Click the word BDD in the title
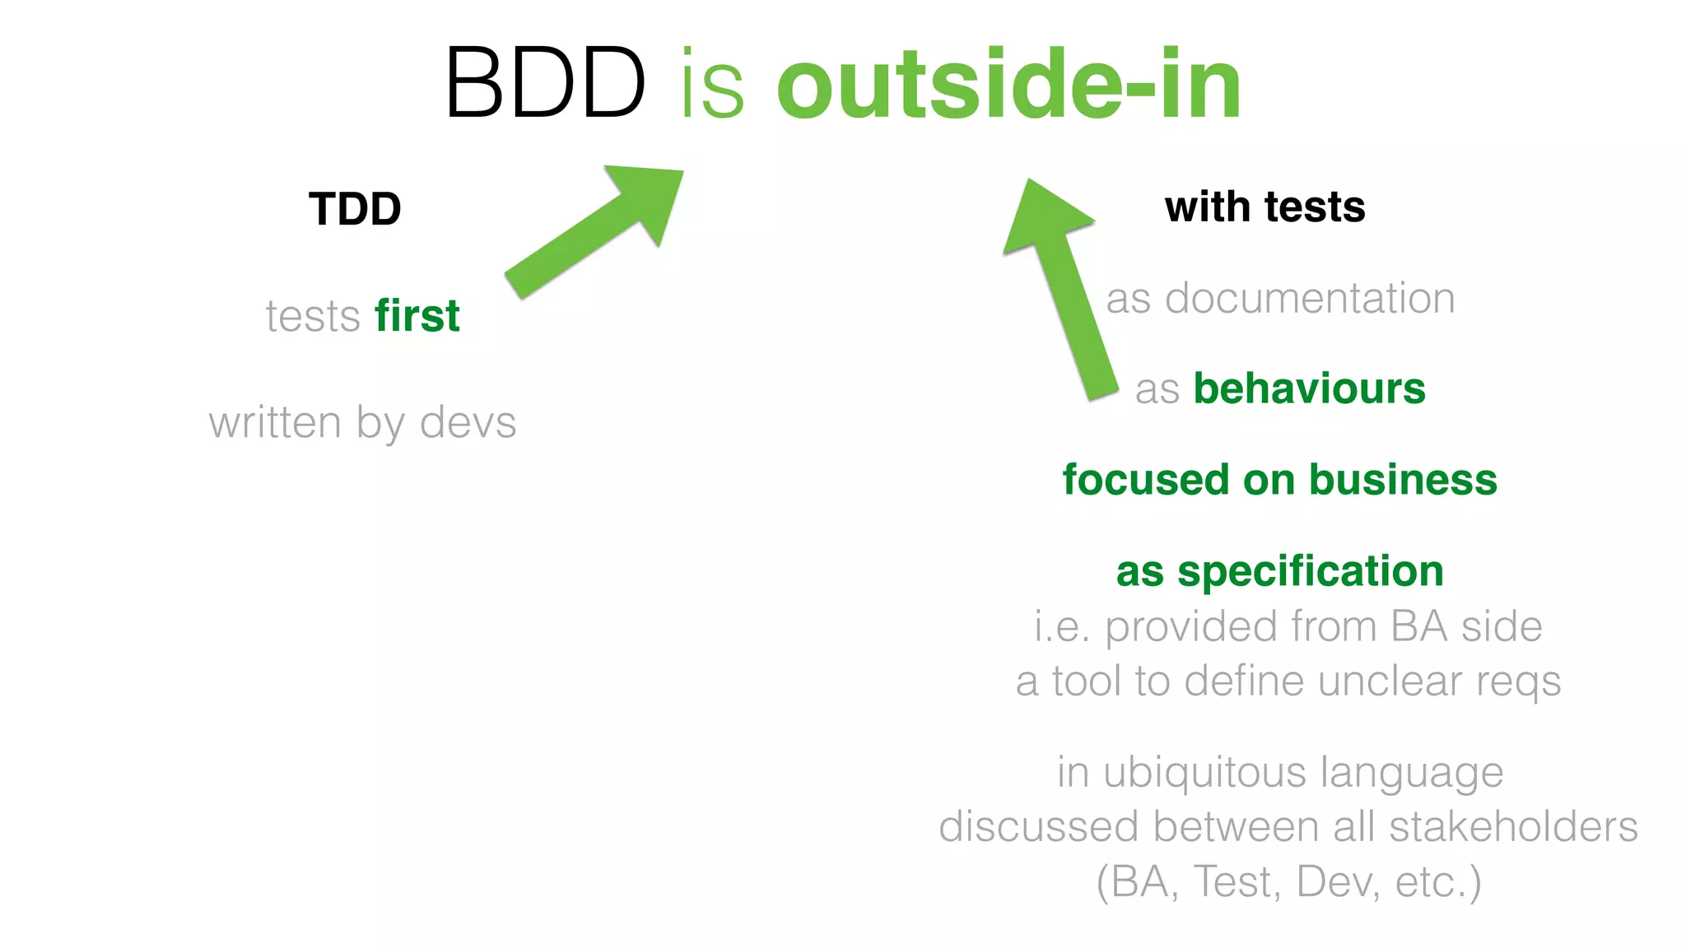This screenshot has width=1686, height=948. pyautogui.click(x=544, y=84)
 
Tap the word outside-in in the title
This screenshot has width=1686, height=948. pyautogui.click(x=1008, y=84)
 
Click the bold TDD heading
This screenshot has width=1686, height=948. pyautogui.click(x=355, y=209)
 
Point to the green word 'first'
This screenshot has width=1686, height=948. pyautogui.click(x=417, y=316)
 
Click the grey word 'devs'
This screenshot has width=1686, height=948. pyautogui.click(x=468, y=423)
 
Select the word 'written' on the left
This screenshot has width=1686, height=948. pyautogui.click(x=274, y=423)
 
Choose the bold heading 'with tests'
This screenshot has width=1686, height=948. pyautogui.click(x=1264, y=207)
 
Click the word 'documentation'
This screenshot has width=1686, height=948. pyautogui.click(x=1310, y=298)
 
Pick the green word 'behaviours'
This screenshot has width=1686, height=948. pyautogui.click(x=1309, y=388)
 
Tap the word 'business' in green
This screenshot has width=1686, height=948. pyautogui.click(x=1403, y=480)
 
